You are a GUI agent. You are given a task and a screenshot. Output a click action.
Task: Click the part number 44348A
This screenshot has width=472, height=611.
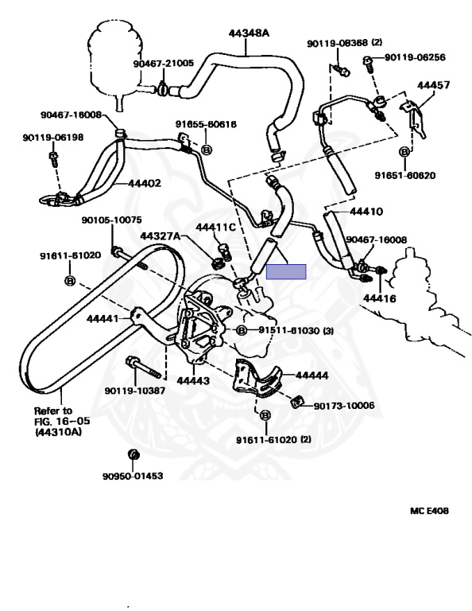pos(249,33)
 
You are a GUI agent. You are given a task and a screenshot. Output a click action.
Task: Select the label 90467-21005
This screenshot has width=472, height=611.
pos(164,63)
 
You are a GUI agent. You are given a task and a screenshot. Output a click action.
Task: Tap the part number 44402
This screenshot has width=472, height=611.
pos(144,183)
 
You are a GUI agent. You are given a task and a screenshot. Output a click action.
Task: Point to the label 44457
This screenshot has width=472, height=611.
pos(433,84)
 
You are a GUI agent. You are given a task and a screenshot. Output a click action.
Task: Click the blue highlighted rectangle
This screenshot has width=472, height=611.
pos(286,271)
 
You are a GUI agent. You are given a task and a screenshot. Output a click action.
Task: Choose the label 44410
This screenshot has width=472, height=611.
pos(366,212)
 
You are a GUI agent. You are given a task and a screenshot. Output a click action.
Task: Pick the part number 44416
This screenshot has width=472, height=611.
pos(379,298)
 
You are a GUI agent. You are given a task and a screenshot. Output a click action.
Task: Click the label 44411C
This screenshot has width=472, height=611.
pos(215,228)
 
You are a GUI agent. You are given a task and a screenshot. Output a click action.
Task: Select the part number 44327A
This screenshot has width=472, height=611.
pos(161,236)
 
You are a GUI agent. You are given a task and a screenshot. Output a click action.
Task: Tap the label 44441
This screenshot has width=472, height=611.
pos(103,318)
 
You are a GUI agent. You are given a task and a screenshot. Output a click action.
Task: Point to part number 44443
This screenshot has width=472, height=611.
pos(193,380)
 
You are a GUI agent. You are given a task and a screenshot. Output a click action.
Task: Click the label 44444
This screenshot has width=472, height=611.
pos(311,376)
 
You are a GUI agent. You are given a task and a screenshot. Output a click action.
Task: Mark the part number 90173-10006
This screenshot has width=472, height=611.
pos(344,406)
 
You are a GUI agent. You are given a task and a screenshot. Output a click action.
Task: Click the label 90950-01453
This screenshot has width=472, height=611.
pos(133,476)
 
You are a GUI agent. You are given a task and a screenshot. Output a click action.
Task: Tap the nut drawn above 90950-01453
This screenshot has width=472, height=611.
pos(133,454)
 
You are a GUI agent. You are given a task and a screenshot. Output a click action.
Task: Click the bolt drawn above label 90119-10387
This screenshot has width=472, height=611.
pos(143,368)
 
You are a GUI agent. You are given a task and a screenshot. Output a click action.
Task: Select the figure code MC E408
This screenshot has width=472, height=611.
pos(429,511)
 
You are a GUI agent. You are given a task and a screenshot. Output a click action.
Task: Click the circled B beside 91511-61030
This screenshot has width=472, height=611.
pos(242,330)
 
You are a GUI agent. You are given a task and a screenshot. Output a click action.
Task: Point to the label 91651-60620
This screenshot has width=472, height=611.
pos(405,175)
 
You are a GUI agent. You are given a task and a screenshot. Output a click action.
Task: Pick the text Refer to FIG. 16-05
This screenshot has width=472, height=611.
pos(62,416)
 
